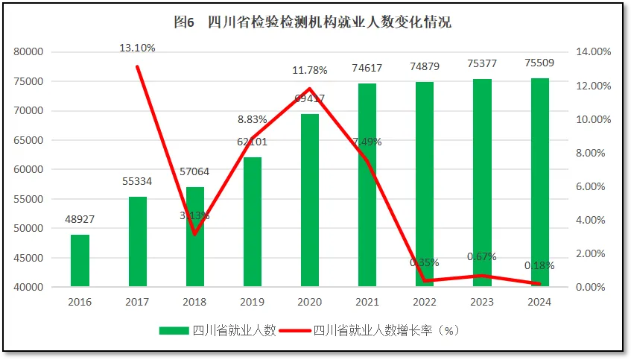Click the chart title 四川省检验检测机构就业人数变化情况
(x=312, y=22)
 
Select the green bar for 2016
(x=80, y=261)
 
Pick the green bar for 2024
(x=539, y=183)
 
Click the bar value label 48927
(x=80, y=220)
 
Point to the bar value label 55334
(x=137, y=182)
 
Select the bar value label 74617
(x=367, y=68)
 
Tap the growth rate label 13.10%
(x=137, y=48)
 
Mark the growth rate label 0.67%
(x=482, y=256)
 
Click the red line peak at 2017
(x=137, y=67)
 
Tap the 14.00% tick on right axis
(x=594, y=52)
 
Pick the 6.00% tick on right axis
(x=594, y=186)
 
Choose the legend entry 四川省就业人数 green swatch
(x=174, y=330)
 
